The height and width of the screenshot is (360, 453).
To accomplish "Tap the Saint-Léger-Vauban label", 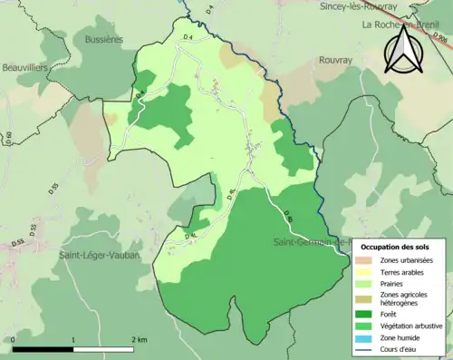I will coord(95,255).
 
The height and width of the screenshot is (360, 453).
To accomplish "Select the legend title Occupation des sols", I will coord(394,248).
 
